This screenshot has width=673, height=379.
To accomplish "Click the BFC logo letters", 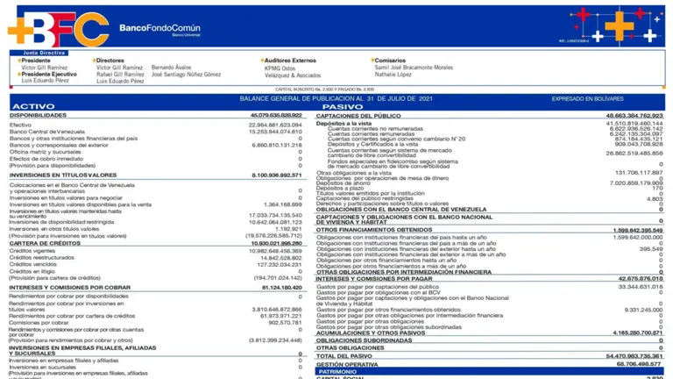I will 58,28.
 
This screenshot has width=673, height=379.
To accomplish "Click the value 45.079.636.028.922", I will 276,115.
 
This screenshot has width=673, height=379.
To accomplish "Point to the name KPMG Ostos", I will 281,68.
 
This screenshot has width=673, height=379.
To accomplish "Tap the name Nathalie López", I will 393,75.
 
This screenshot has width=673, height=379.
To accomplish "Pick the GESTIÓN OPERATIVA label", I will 348,364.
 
